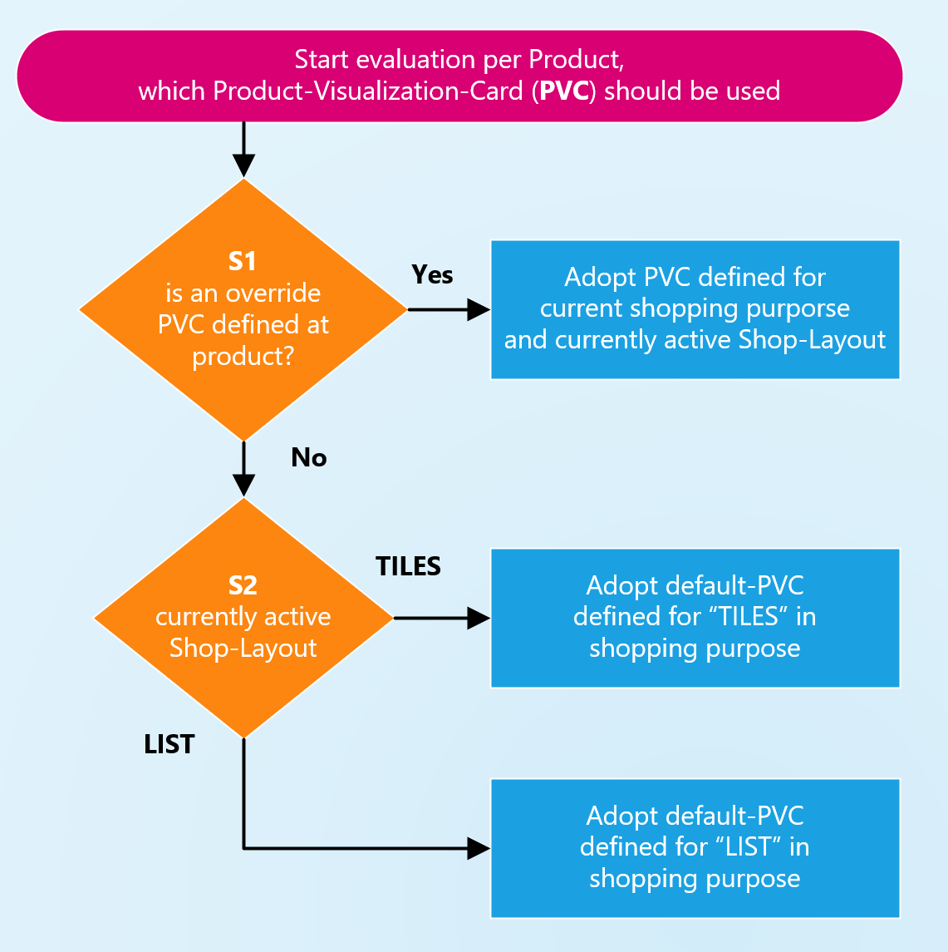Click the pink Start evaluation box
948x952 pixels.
pyautogui.click(x=459, y=76)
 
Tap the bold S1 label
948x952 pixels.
pyautogui.click(x=243, y=262)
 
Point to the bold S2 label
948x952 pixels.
pyautogui.click(x=243, y=586)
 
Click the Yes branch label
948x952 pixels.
pyautogui.click(x=432, y=275)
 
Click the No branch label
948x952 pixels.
pyautogui.click(x=308, y=457)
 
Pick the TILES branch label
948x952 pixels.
pyautogui.click(x=408, y=566)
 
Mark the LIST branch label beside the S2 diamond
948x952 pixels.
pyautogui.click(x=169, y=744)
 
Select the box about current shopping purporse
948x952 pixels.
pyautogui.click(x=695, y=309)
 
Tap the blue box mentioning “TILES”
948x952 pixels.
pyautogui.click(x=695, y=618)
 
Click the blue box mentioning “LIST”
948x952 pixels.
pyautogui.click(x=695, y=847)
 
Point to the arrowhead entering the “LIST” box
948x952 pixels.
pyautogui.click(x=479, y=848)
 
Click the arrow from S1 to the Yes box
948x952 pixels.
pyautogui.click(x=449, y=309)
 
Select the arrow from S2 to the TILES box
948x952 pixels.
pyautogui.click(x=440, y=618)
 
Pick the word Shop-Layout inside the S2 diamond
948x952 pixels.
pyautogui.click(x=243, y=649)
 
